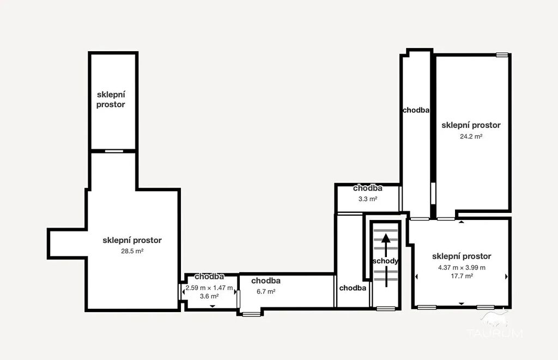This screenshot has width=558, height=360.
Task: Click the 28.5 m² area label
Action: [x=132, y=251]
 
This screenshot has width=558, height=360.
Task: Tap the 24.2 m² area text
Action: [x=471, y=136]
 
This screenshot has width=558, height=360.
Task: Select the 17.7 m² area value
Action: [x=462, y=276]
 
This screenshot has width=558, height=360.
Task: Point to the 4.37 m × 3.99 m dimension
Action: [x=462, y=267]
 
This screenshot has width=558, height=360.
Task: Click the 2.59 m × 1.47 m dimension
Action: [x=209, y=288]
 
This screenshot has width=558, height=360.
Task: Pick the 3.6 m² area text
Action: [x=209, y=296]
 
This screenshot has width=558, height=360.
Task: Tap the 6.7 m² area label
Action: [x=266, y=292]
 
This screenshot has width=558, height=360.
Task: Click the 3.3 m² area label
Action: [x=368, y=199]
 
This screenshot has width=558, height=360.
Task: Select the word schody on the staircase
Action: [x=385, y=261]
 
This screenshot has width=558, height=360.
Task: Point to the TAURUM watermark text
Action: [x=495, y=333]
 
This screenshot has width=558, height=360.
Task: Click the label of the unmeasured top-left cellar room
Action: [x=111, y=100]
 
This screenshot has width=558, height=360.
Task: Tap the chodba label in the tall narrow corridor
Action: [x=416, y=110]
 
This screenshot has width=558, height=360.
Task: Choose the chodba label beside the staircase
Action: [x=353, y=288]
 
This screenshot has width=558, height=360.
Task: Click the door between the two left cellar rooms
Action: [x=114, y=151]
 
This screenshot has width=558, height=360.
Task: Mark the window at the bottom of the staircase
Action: [x=386, y=308]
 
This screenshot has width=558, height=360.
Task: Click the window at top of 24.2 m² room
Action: [x=502, y=55]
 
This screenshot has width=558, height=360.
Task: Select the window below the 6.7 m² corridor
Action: [x=251, y=314]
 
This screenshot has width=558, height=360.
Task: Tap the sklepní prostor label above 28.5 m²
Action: [x=132, y=240]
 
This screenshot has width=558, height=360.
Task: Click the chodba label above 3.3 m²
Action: [x=368, y=188]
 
